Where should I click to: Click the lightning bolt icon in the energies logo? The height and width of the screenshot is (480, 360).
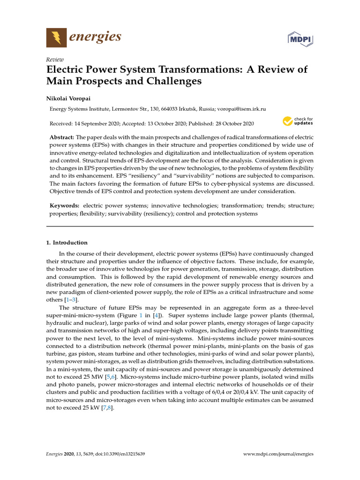coord(56,37)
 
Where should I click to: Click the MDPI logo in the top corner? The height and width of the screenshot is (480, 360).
coord(300,38)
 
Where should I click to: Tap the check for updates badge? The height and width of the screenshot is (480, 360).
coord(298,121)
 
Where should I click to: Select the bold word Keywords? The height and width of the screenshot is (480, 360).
coord(64,206)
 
